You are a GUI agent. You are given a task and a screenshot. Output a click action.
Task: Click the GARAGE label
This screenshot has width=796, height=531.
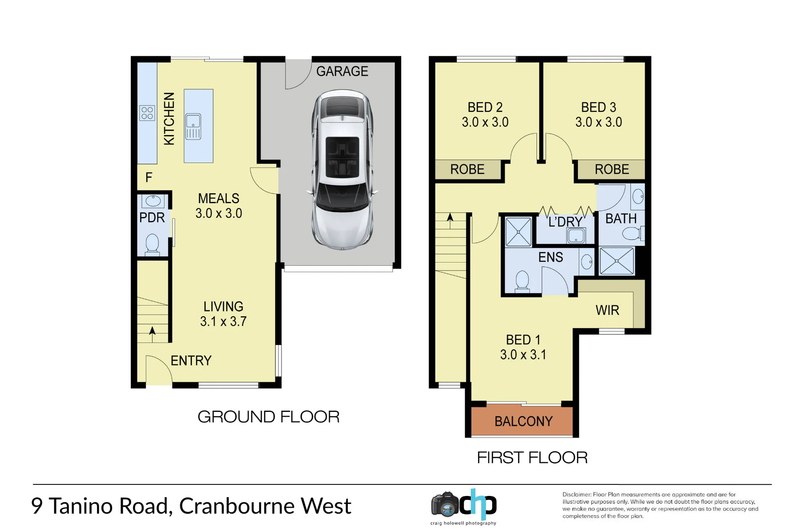pyautogui.click(x=342, y=71)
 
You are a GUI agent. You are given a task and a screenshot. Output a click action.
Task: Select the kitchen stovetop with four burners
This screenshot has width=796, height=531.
pyautogui.click(x=147, y=113)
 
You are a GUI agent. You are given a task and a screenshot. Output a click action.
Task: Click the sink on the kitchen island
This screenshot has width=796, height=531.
pyautogui.click(x=193, y=126)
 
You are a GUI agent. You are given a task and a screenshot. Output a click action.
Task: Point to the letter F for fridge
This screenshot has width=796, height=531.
pyautogui.click(x=149, y=177)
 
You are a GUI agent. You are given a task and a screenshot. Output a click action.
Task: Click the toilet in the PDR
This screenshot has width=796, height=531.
pyautogui.click(x=152, y=244)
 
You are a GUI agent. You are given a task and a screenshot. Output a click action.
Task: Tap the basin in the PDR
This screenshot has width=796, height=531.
pyautogui.click(x=153, y=201)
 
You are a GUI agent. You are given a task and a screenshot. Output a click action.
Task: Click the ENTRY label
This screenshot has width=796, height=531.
pyautogui.click(x=191, y=361)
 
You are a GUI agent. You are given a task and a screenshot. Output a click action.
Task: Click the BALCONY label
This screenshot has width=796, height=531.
pyautogui.click(x=523, y=421)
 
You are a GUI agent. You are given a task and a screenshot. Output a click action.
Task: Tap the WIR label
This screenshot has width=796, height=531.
pyautogui.click(x=607, y=310)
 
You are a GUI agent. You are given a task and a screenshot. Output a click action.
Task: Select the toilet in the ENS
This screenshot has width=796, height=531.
pyautogui.click(x=522, y=281)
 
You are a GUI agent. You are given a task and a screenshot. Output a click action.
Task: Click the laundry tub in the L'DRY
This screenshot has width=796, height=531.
pyautogui.click(x=576, y=235)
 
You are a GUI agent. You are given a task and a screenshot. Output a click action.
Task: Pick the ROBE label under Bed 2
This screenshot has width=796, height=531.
pyautogui.click(x=467, y=169)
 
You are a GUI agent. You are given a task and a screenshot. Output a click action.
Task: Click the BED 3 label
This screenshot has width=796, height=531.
pyautogui.click(x=599, y=107)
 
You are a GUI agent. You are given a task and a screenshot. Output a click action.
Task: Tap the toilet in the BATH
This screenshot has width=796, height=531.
pyautogui.click(x=633, y=233)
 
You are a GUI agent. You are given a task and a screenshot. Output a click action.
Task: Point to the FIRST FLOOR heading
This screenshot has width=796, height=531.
pyautogui.click(x=532, y=458)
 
